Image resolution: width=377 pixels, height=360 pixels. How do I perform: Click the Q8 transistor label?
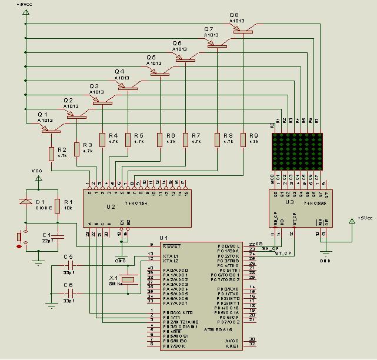tap(234, 15)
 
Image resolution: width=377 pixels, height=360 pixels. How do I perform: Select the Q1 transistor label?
tap(42, 114)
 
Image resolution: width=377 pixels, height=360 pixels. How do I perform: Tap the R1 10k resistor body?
tap(58, 205)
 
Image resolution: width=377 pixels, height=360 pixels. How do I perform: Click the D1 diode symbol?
tap(25, 202)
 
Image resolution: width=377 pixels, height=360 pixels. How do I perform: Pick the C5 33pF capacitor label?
tap(68, 257)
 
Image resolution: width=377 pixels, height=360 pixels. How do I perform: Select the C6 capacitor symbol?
tap(72, 292)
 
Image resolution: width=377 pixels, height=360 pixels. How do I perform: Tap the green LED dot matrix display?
tap(298, 151)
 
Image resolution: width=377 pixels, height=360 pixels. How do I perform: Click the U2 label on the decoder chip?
tap(111, 206)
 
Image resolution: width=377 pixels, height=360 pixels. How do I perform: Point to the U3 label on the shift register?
tap(289, 202)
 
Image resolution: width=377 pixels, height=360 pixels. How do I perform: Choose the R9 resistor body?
tap(243, 139)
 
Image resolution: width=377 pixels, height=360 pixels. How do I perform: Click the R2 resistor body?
tap(51, 154)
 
